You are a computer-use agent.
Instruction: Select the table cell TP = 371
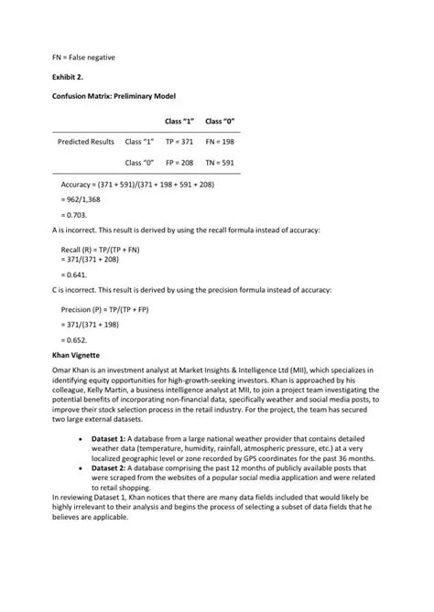pos(180,142)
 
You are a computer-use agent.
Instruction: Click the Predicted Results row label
pos(86,142)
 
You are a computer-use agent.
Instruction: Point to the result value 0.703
pos(73,215)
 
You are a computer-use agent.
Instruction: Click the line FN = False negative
pos(82,57)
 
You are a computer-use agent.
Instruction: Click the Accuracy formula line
pos(137,183)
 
